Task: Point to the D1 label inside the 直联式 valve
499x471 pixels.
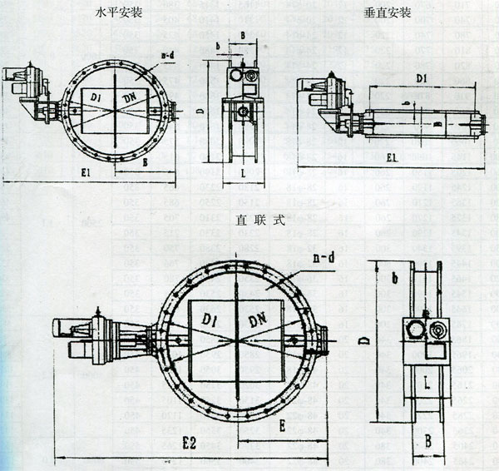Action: pos(207,318)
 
